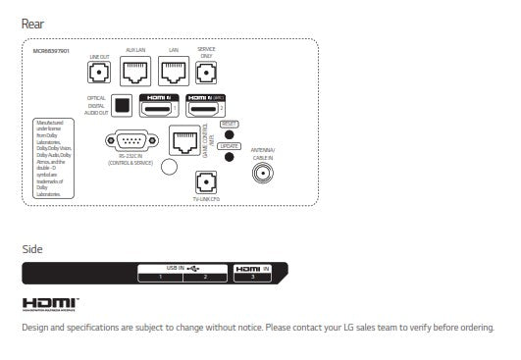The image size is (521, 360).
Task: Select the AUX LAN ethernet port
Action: click(134, 72)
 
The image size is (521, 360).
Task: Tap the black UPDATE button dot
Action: click(229, 156)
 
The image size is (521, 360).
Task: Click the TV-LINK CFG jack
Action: click(206, 181)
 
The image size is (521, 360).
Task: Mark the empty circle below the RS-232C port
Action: click(168, 168)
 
